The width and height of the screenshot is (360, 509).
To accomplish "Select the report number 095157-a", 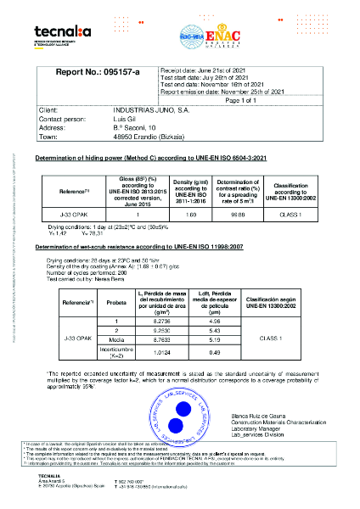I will pyautogui.click(x=111, y=74).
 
